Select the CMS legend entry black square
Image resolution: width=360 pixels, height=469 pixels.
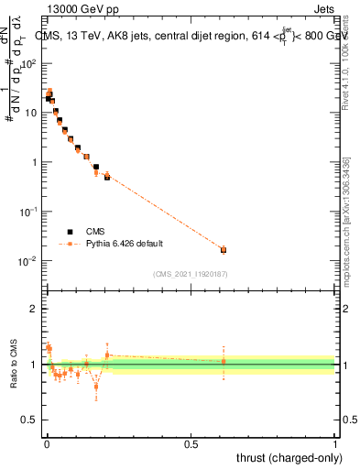[x=67, y=232]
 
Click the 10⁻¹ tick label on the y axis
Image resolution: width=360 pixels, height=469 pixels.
[x=27, y=212]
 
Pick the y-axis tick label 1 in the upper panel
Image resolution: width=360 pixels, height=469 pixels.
[x=34, y=162]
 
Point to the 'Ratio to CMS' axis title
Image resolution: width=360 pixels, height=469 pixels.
[x=13, y=364]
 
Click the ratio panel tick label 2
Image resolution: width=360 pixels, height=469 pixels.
[x=34, y=309]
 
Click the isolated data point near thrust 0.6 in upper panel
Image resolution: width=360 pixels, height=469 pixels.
[x=224, y=249]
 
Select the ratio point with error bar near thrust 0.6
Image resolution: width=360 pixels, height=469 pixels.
[x=224, y=361]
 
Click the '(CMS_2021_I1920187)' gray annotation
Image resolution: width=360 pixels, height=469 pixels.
[x=191, y=274]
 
